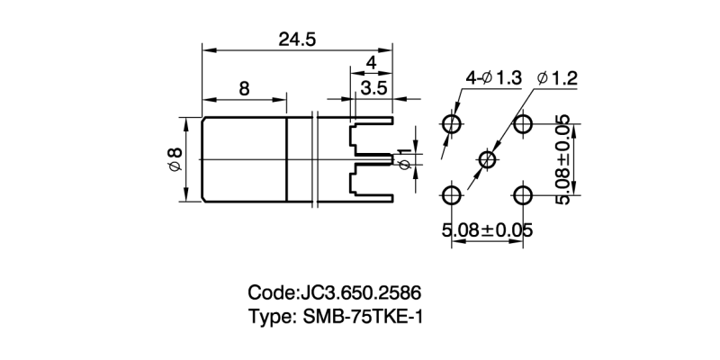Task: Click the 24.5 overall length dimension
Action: [x=297, y=40]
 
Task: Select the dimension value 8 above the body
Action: [x=244, y=88]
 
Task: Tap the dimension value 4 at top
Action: [x=371, y=63]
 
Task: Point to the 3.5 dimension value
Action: [x=373, y=88]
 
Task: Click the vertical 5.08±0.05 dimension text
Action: [x=564, y=159]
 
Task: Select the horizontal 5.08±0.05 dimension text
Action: [x=487, y=230]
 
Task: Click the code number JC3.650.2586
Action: [x=360, y=293]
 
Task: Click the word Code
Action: [x=271, y=293]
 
